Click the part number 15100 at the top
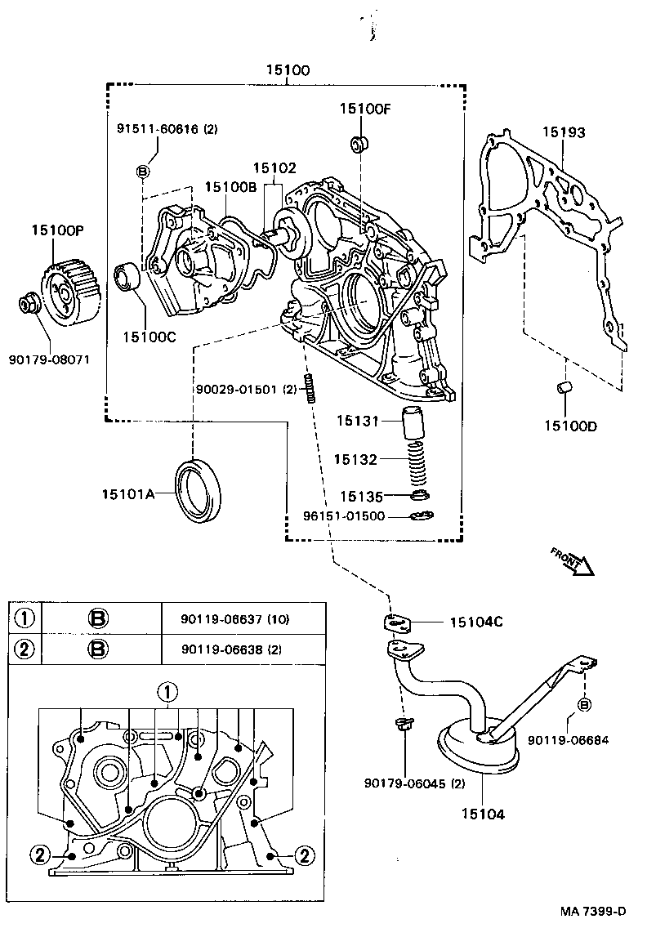(287, 71)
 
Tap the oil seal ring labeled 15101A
(199, 490)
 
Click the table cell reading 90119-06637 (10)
(235, 619)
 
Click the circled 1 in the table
(25, 618)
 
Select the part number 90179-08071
(50, 359)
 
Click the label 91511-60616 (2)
(167, 129)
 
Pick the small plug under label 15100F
(358, 145)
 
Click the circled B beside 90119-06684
(585, 704)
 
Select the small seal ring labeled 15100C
(130, 276)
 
